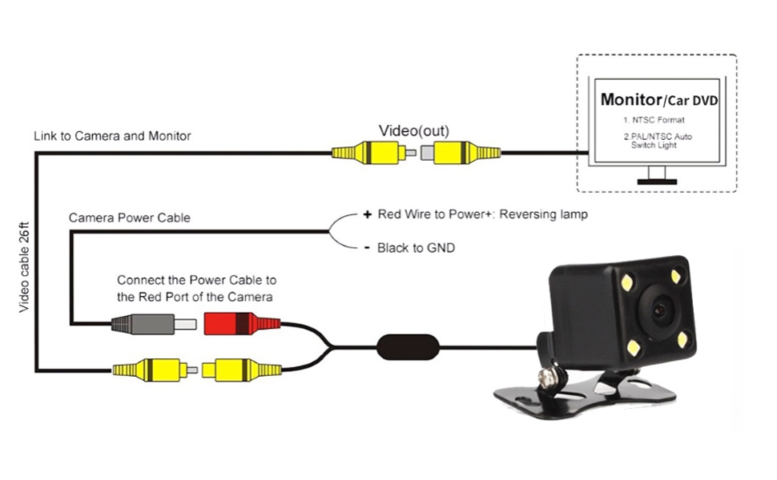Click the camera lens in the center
point(661,308)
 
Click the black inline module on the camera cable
point(408,348)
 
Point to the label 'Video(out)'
point(413,130)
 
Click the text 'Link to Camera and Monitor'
point(112,136)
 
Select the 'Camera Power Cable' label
point(130,218)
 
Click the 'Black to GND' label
point(416,248)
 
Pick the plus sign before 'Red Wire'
point(367,215)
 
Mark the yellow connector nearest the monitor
point(465,151)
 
